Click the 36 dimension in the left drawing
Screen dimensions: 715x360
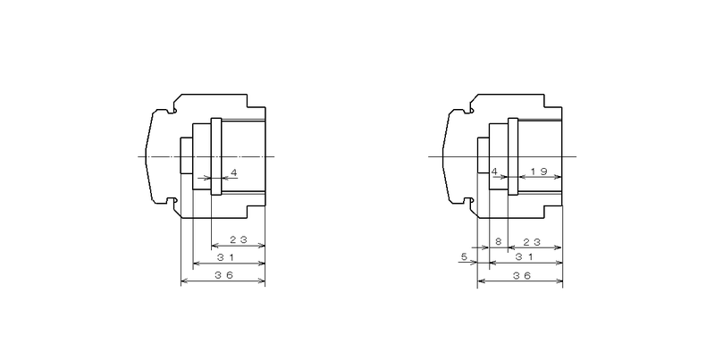(224, 275)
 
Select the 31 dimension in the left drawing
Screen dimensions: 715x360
(225, 257)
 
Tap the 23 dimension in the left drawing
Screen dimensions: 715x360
(238, 239)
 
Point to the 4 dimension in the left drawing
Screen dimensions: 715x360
(234, 172)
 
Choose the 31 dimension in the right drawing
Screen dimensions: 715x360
(524, 257)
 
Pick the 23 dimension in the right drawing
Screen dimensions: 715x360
(532, 242)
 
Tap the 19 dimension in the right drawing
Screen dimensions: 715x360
(539, 172)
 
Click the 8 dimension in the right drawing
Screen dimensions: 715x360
(499, 241)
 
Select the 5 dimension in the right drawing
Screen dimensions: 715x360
(464, 257)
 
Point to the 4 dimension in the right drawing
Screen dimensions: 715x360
(495, 172)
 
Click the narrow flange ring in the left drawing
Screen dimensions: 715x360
(216, 156)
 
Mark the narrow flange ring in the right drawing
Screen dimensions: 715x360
(513, 156)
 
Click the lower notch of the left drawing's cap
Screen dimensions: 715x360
(173, 200)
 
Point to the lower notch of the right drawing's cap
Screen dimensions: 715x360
(470, 200)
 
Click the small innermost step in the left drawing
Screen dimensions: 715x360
(187, 155)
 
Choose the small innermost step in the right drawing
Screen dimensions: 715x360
(484, 155)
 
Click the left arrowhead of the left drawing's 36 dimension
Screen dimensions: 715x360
(184, 281)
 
